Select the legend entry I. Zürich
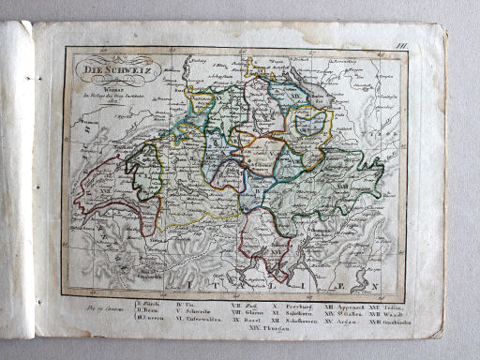149,302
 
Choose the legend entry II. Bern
149,309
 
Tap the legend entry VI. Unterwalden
194,318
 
